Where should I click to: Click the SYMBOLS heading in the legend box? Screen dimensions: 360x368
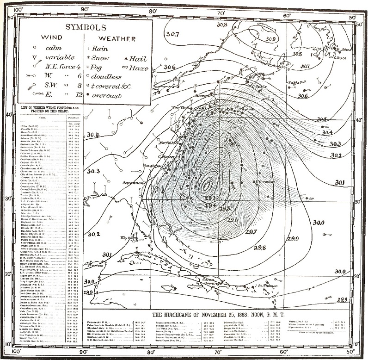[85, 27]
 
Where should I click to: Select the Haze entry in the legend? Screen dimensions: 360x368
[139, 68]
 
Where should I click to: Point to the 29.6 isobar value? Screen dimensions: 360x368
[233, 220]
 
